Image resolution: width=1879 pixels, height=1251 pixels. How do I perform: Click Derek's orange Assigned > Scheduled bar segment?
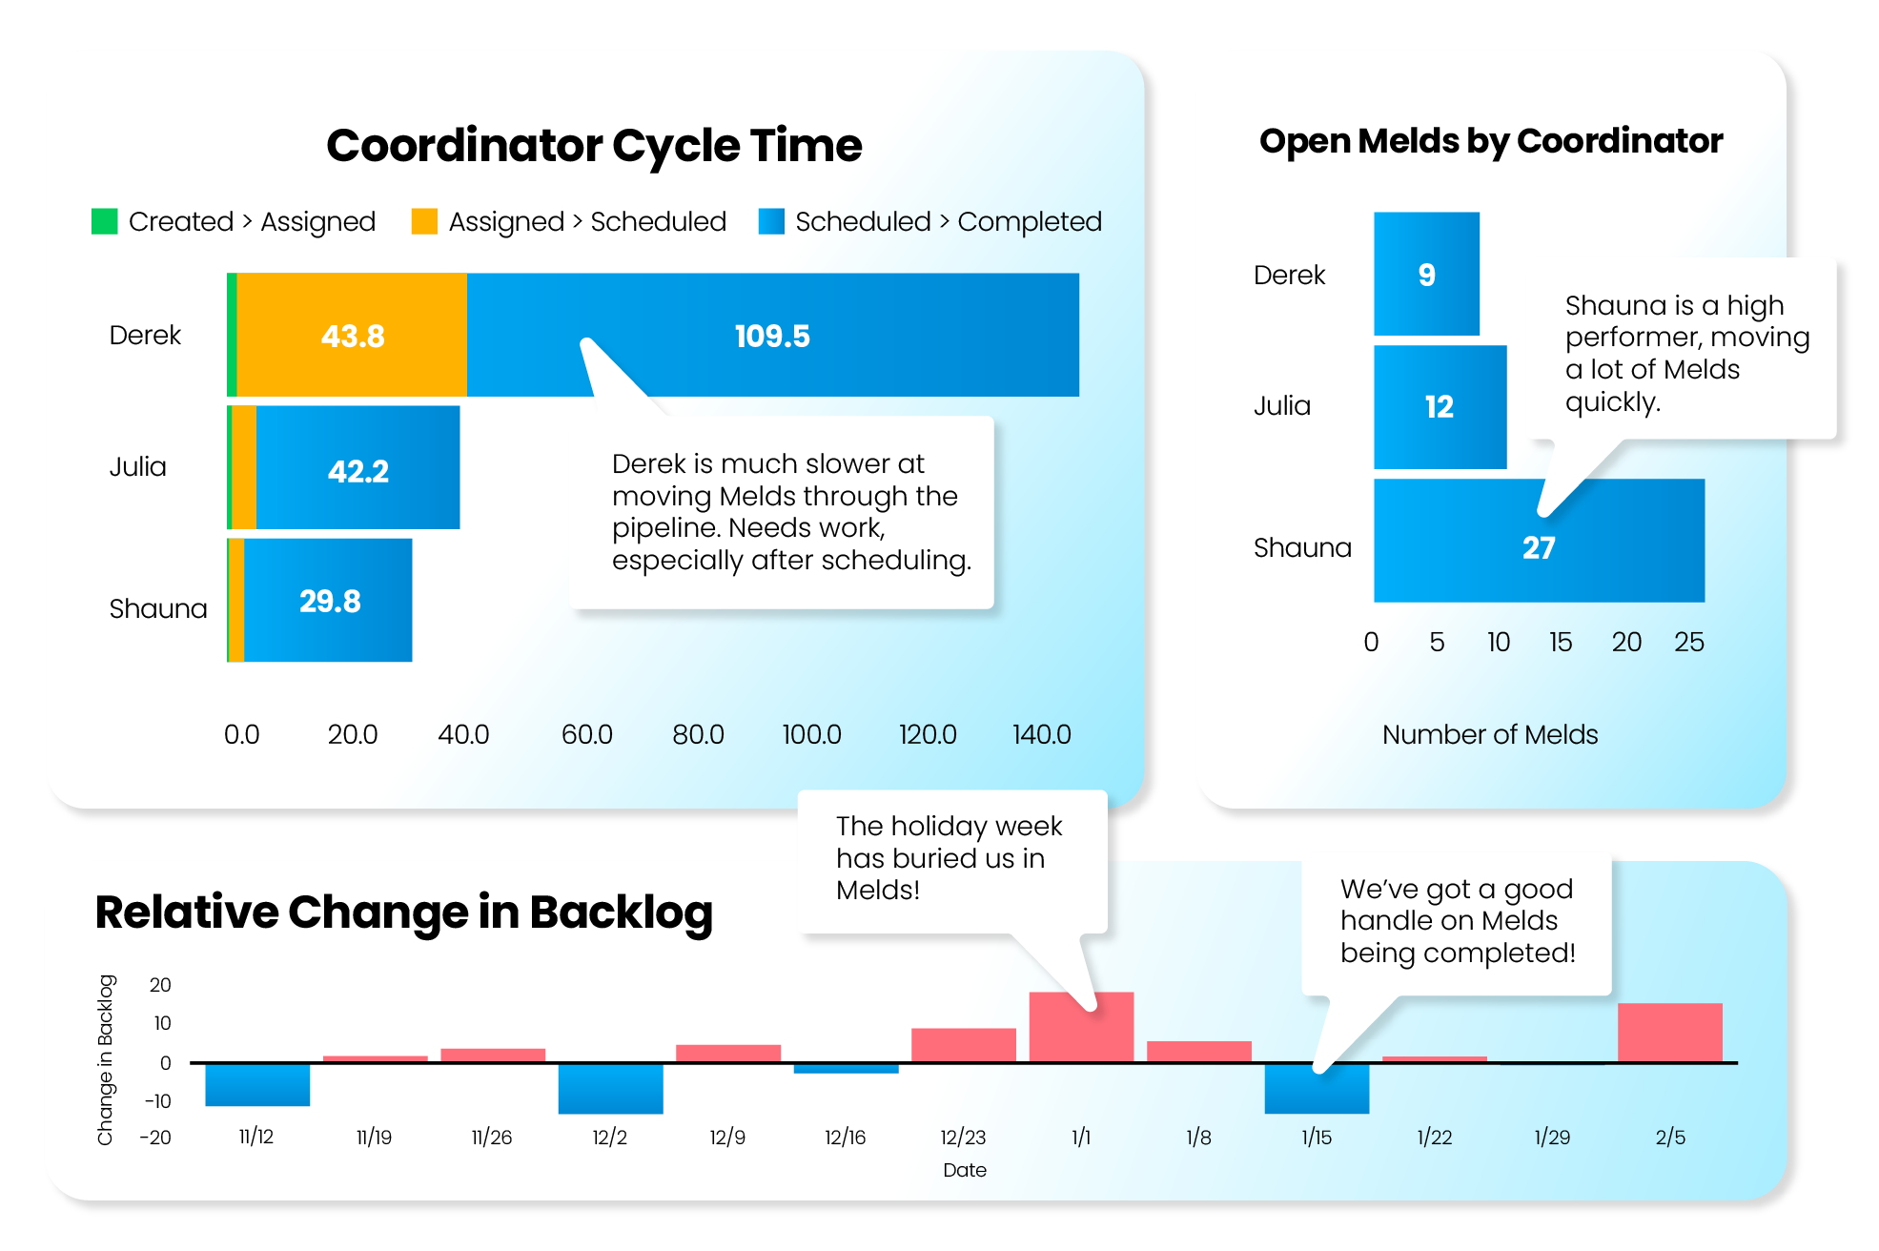coord(352,335)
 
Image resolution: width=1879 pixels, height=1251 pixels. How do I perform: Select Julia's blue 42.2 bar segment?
coord(358,467)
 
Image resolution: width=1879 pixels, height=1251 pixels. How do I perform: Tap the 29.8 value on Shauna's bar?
coord(330,601)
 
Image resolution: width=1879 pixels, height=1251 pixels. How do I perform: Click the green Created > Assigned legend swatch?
coord(104,221)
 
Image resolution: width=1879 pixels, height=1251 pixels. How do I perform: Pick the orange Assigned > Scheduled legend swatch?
coord(424,221)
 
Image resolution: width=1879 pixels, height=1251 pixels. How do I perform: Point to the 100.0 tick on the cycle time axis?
coord(811,734)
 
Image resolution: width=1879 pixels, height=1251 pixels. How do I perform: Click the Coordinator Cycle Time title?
coord(594,145)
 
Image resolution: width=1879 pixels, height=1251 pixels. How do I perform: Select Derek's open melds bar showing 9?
coord(1426,274)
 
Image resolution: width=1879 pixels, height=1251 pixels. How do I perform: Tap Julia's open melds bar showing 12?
coord(1440,407)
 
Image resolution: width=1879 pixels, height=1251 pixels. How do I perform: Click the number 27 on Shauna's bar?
coord(1539,547)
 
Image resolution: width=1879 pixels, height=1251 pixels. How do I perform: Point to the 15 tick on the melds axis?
coord(1561,642)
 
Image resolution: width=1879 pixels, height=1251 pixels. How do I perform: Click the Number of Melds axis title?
coord(1490,734)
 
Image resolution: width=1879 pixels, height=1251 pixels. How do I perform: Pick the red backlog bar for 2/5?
coord(1670,1033)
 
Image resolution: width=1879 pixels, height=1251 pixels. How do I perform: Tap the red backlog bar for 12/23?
coord(964,1045)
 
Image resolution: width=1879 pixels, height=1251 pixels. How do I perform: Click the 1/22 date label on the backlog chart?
coord(1435,1137)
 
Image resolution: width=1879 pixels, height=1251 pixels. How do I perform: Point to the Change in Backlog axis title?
coord(105,1059)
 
